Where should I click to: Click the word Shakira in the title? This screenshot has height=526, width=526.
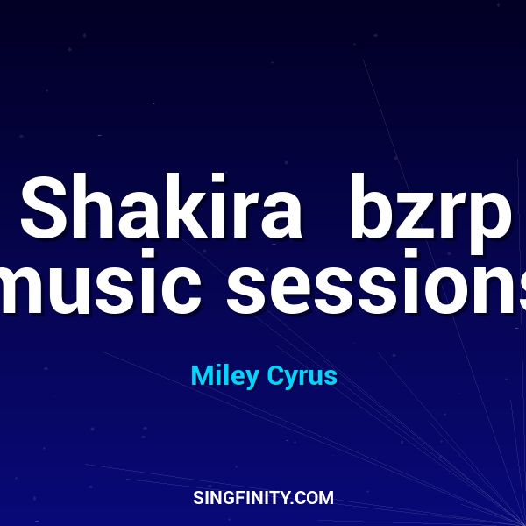[x=160, y=210]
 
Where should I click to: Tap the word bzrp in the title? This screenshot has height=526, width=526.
[x=429, y=210]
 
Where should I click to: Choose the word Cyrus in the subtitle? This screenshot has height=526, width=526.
[x=301, y=376]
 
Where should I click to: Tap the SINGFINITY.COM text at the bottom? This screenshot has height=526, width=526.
[x=263, y=498]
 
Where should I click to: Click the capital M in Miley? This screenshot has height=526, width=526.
[x=200, y=376]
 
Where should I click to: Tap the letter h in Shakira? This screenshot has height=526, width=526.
[x=87, y=209]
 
